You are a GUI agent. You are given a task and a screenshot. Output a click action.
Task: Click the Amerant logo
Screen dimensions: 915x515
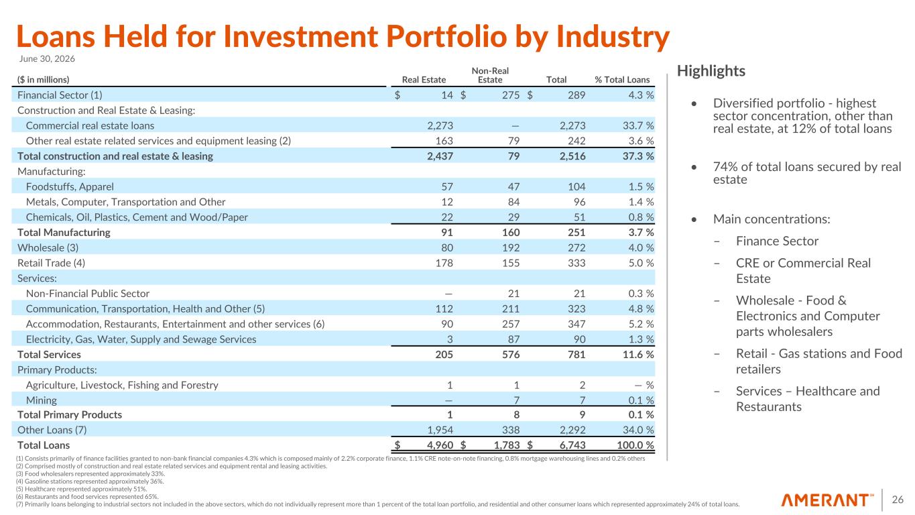tap(827, 500)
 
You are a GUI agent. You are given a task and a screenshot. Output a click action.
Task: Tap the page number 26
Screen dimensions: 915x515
tap(898, 500)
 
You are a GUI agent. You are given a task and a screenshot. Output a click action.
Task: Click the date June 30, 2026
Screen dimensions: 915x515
tap(47, 59)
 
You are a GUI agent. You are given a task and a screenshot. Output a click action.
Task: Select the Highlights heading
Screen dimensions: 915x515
tap(711, 71)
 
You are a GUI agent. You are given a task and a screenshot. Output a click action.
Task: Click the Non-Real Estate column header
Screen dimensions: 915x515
tap(490, 75)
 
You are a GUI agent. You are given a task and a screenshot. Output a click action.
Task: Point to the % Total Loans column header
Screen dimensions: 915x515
tap(622, 80)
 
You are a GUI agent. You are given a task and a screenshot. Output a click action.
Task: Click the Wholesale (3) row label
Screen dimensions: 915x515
tap(48, 247)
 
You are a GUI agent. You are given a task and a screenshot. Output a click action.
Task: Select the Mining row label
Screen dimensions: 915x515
tap(42, 400)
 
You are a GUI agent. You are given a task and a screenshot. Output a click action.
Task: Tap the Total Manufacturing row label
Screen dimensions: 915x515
tap(64, 233)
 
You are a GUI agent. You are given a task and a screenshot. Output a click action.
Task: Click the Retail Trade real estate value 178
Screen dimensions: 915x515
tap(444, 263)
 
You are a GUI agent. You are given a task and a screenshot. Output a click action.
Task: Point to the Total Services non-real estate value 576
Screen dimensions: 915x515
tap(511, 354)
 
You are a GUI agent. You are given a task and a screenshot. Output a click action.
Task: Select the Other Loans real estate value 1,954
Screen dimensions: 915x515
tap(440, 430)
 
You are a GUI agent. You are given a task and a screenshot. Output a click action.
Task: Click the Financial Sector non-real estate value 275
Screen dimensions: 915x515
tap(511, 95)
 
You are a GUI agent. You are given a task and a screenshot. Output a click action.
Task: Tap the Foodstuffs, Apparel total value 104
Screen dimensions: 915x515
tap(576, 187)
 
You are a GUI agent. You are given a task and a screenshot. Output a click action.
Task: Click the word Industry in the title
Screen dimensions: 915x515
tap(613, 37)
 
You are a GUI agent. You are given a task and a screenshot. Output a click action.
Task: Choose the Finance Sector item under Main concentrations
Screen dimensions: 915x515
tap(777, 241)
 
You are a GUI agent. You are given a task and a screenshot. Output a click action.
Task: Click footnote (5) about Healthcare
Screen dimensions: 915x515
tap(81, 489)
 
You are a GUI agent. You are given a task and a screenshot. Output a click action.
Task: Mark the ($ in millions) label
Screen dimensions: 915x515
tap(44, 80)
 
